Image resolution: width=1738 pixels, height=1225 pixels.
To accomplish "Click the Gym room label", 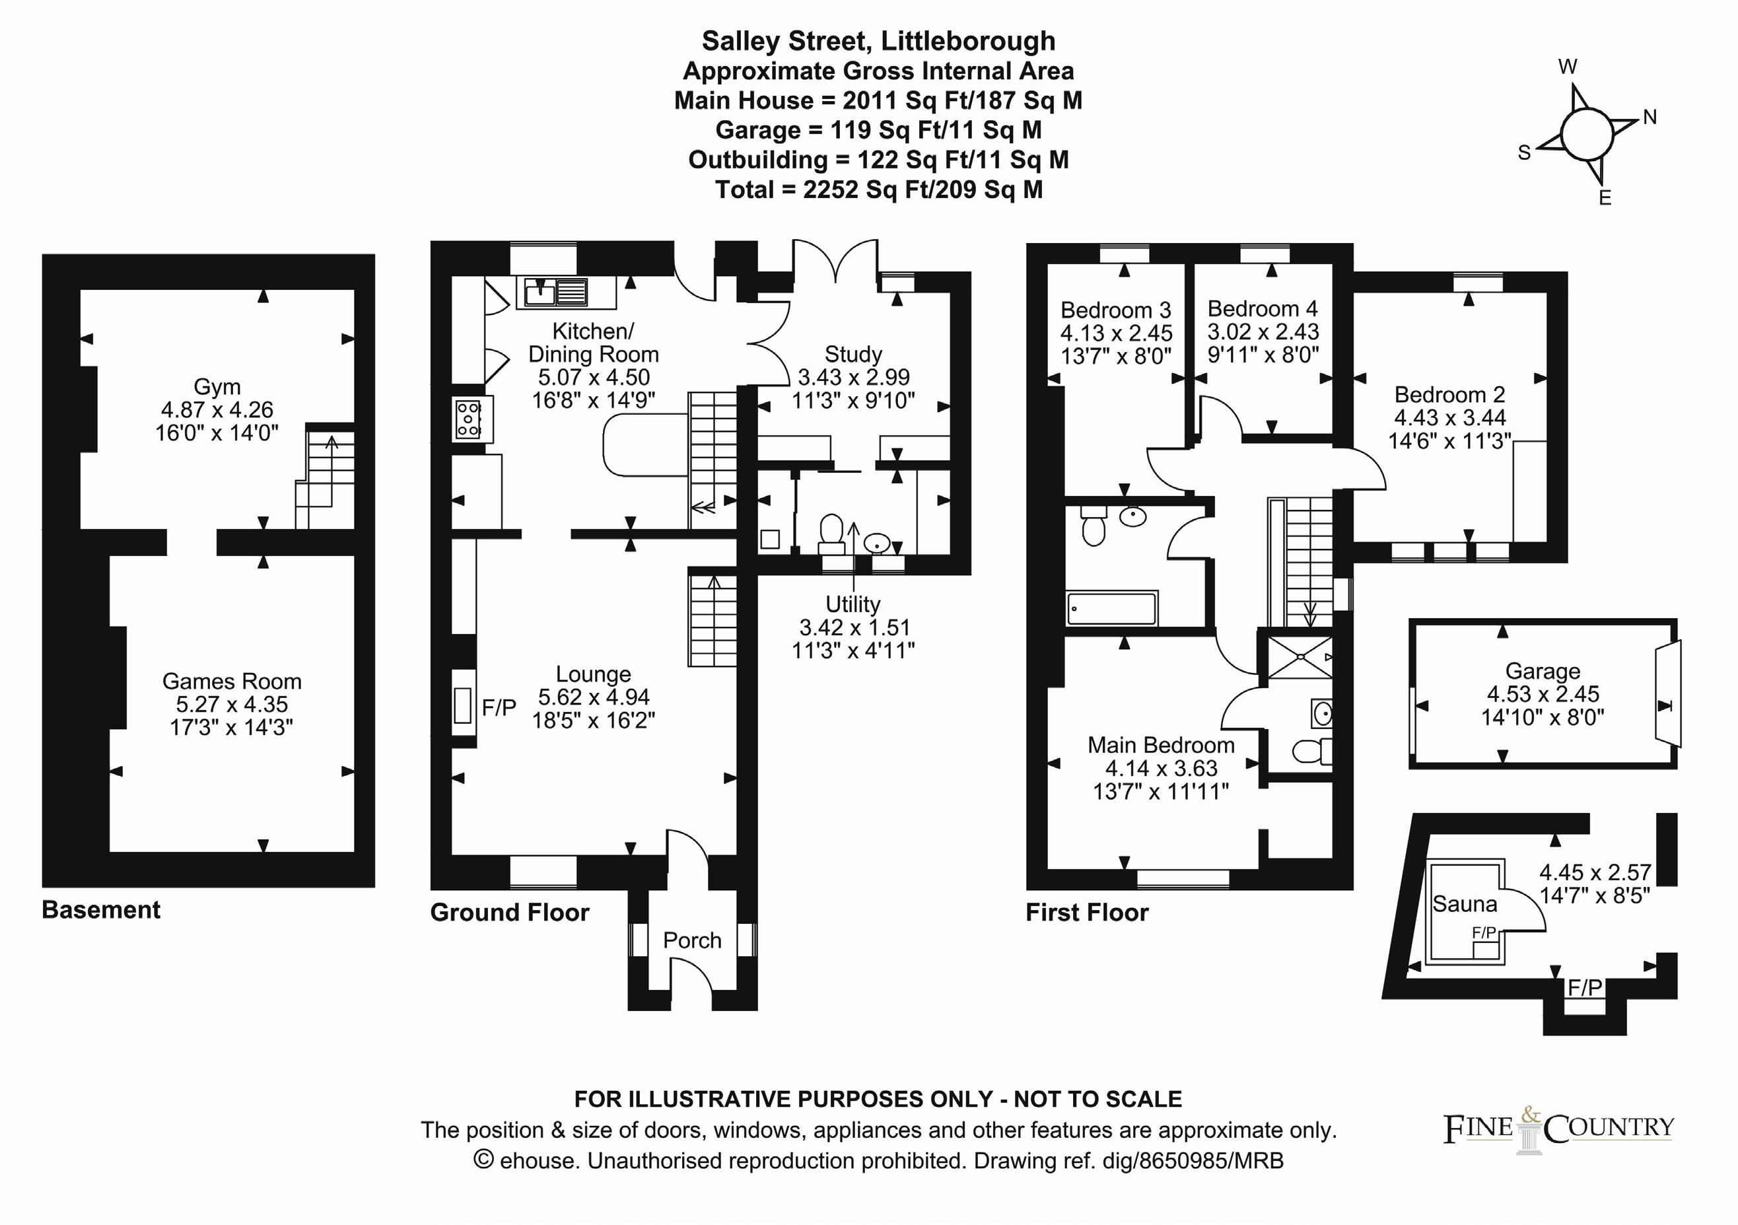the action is (x=217, y=387).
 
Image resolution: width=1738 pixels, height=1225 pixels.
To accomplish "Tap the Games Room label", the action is (x=232, y=682).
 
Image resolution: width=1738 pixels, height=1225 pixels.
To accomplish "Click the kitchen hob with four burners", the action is (x=468, y=419).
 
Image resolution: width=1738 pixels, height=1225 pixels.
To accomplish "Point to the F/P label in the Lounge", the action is (x=499, y=708).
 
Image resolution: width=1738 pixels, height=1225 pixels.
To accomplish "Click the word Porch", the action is (x=692, y=940).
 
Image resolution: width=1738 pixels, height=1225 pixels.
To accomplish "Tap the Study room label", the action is (x=853, y=355).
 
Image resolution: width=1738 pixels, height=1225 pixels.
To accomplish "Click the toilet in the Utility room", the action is (x=832, y=533).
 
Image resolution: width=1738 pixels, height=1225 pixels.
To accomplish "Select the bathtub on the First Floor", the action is (x=1111, y=609).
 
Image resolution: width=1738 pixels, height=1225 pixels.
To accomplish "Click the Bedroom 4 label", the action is (x=1262, y=309).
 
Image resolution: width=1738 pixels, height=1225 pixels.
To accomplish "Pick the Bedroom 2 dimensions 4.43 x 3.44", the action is (x=1449, y=417).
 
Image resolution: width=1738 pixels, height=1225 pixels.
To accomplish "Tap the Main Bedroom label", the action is (x=1160, y=745).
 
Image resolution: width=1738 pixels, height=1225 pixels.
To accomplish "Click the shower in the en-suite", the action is (x=1300, y=657).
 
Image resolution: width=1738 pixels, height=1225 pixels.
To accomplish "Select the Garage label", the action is (x=1542, y=672).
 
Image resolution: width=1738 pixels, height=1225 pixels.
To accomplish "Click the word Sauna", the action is (x=1464, y=904).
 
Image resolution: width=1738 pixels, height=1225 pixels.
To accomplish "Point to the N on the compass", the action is (x=1650, y=118).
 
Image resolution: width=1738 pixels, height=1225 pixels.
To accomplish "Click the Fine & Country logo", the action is (x=1558, y=1129).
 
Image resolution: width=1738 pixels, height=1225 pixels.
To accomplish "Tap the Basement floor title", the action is (x=100, y=909).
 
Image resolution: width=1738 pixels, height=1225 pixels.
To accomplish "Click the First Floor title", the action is (x=1086, y=913).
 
